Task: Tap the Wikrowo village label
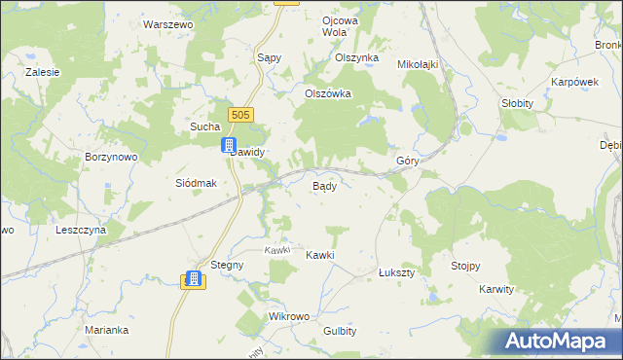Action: click(288, 317)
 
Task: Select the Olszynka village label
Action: click(356, 57)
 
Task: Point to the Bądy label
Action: click(324, 185)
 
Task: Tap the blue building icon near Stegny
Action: click(193, 279)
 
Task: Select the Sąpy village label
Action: click(269, 57)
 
